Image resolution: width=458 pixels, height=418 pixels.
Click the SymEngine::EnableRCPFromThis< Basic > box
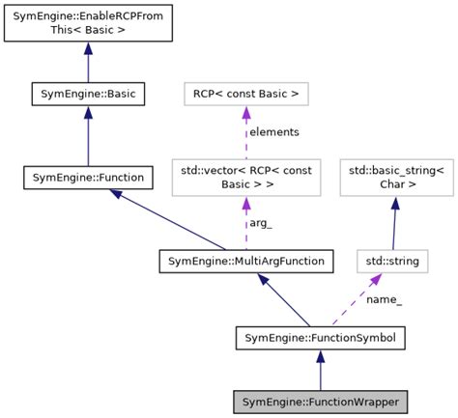pos(88,23)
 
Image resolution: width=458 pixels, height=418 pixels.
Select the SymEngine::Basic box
pos(88,95)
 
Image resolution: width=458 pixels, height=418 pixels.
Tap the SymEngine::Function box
pos(88,178)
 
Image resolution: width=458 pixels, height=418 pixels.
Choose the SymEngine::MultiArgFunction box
pos(246,261)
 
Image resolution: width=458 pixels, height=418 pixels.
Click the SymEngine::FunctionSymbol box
pos(320,338)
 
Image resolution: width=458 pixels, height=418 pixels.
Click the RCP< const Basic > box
pos(245,95)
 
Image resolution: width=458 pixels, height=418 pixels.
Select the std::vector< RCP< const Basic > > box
pos(245,178)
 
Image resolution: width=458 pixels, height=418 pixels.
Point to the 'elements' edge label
pos(274,132)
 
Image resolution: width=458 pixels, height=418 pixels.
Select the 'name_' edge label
pos(384,299)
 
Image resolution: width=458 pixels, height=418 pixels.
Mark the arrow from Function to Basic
pos(88,135)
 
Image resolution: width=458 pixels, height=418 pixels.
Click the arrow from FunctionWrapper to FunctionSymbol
pos(320,370)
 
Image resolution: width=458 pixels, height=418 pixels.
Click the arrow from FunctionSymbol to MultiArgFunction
pos(284,300)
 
